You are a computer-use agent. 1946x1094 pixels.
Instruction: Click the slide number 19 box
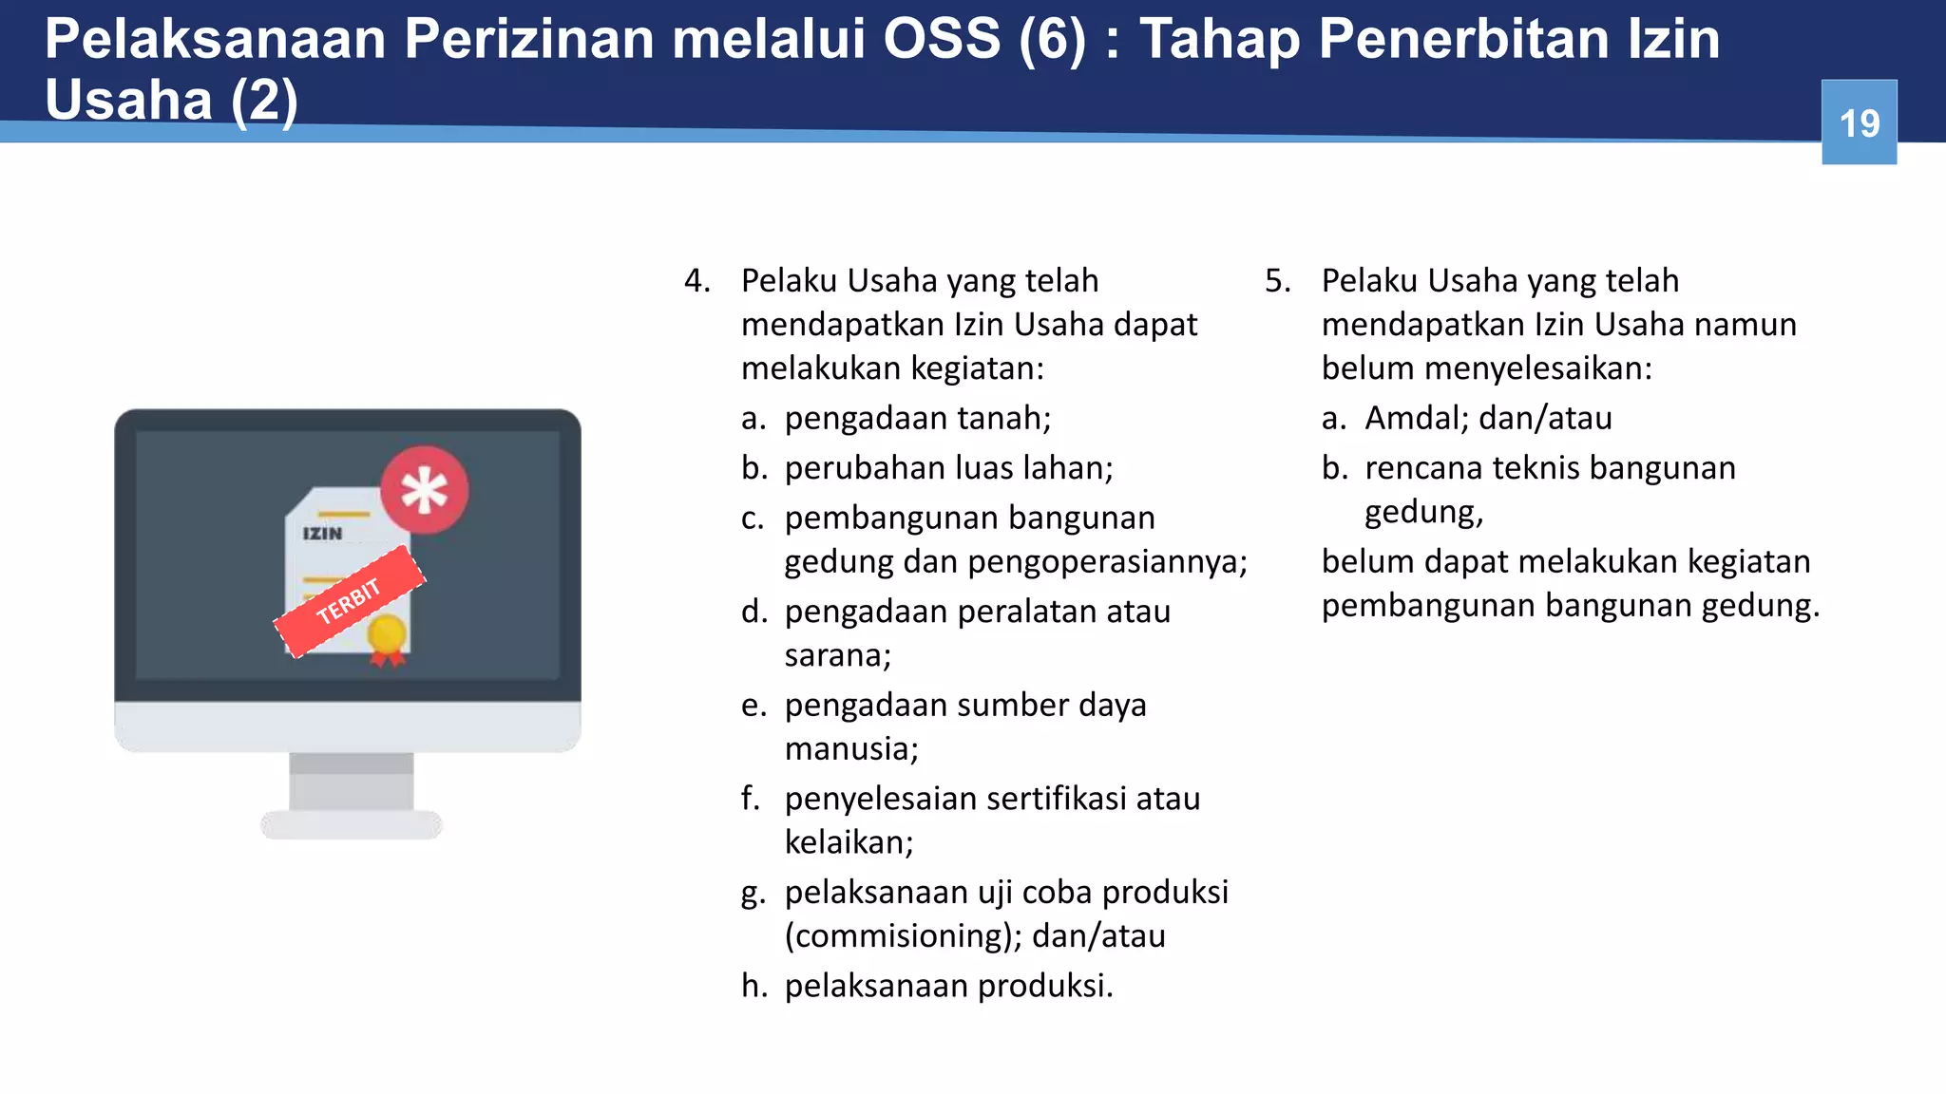click(x=1859, y=123)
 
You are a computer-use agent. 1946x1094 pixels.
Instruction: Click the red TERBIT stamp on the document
click(x=349, y=601)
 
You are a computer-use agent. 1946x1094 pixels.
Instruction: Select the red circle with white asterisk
click(x=424, y=490)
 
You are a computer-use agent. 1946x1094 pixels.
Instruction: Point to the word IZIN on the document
click(x=322, y=534)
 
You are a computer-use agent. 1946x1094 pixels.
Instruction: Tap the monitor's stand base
click(x=352, y=823)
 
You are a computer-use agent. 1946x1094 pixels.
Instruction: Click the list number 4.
click(x=696, y=281)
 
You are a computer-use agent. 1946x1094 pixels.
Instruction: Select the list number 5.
click(x=1277, y=281)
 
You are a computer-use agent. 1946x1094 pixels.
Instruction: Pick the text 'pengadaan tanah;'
click(x=917, y=418)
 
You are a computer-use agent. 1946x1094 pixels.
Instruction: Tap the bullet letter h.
click(x=754, y=986)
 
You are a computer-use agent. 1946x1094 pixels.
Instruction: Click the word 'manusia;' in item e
click(x=850, y=749)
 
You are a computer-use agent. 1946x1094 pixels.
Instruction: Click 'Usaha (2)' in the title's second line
click(x=171, y=100)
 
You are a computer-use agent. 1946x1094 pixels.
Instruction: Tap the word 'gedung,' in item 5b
click(x=1422, y=513)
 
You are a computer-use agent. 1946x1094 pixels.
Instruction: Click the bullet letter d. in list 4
click(x=754, y=612)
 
